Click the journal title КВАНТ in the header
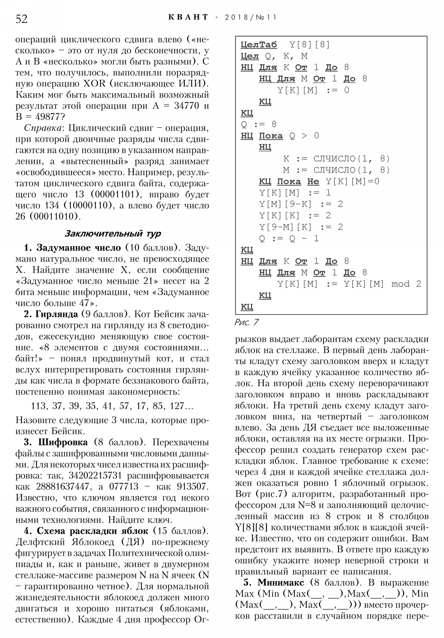pos(188,17)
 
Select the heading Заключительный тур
pos(113,234)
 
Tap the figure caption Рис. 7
pos(246,322)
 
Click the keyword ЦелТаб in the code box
pos(259,44)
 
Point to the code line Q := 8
pos(259,124)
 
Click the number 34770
pos(186,106)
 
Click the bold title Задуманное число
pos(79,248)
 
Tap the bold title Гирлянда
pos(57,314)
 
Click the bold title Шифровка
pos(63,442)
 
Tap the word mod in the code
pos(400,284)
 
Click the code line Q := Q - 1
pos(289,238)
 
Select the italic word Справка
pos(42,128)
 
